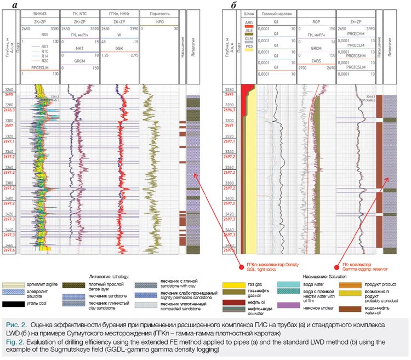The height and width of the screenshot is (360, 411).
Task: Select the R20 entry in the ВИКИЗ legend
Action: pos(48,61)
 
